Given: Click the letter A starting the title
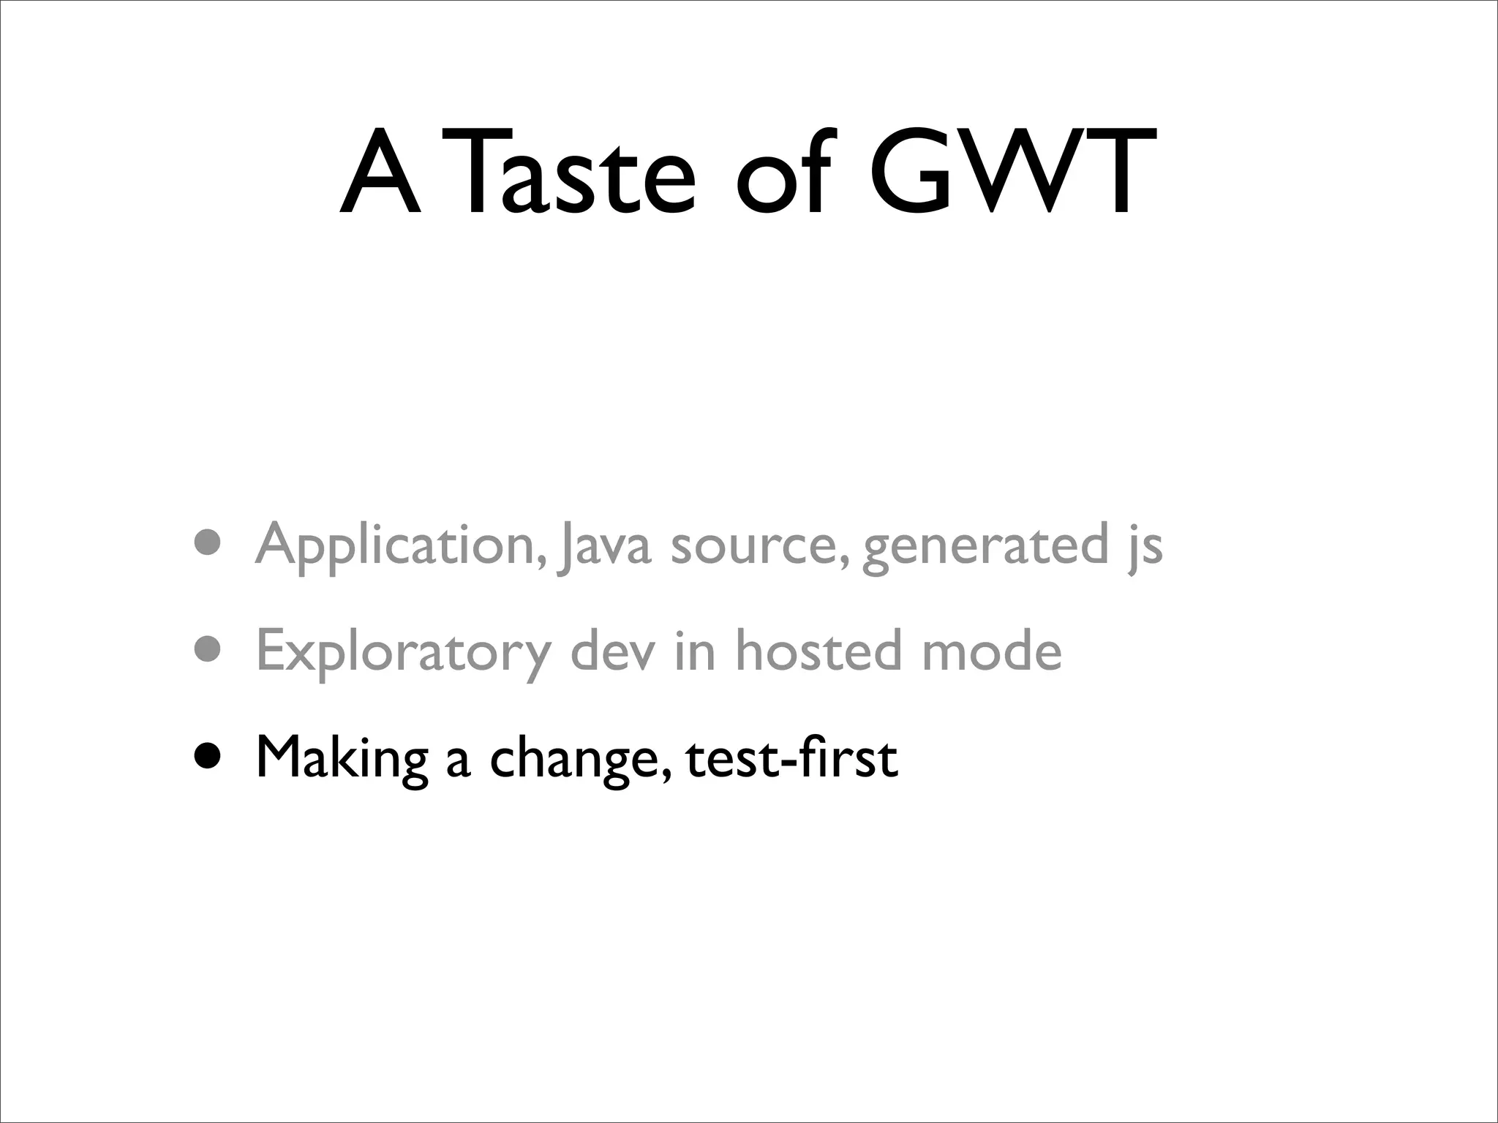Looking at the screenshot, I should click(381, 173).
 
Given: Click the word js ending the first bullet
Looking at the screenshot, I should click(1144, 545).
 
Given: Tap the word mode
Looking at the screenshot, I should click(991, 650).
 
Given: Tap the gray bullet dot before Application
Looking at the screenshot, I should click(207, 542).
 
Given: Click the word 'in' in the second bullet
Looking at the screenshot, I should click(694, 650).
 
